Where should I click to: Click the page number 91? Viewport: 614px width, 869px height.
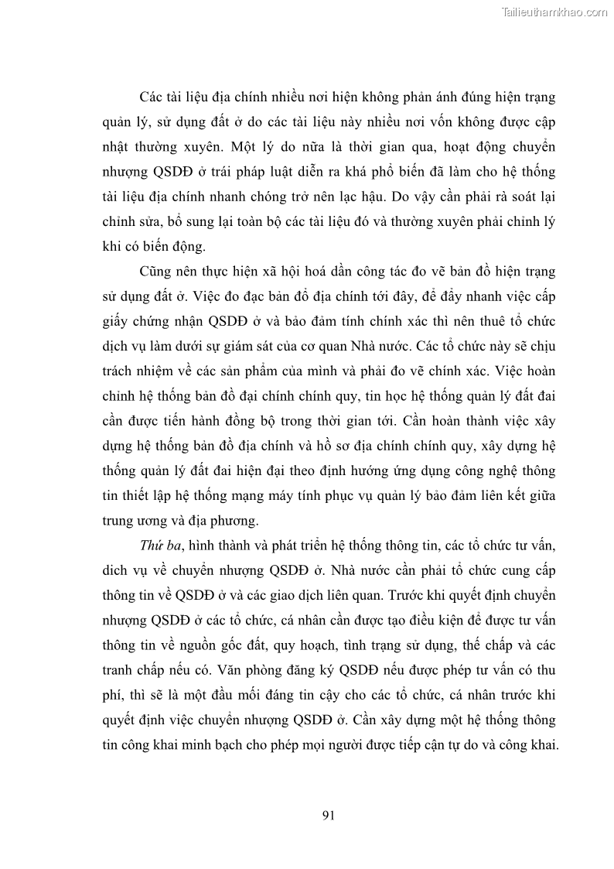pyautogui.click(x=326, y=814)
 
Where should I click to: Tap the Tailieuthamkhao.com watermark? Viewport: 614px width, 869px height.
pyautogui.click(x=554, y=12)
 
